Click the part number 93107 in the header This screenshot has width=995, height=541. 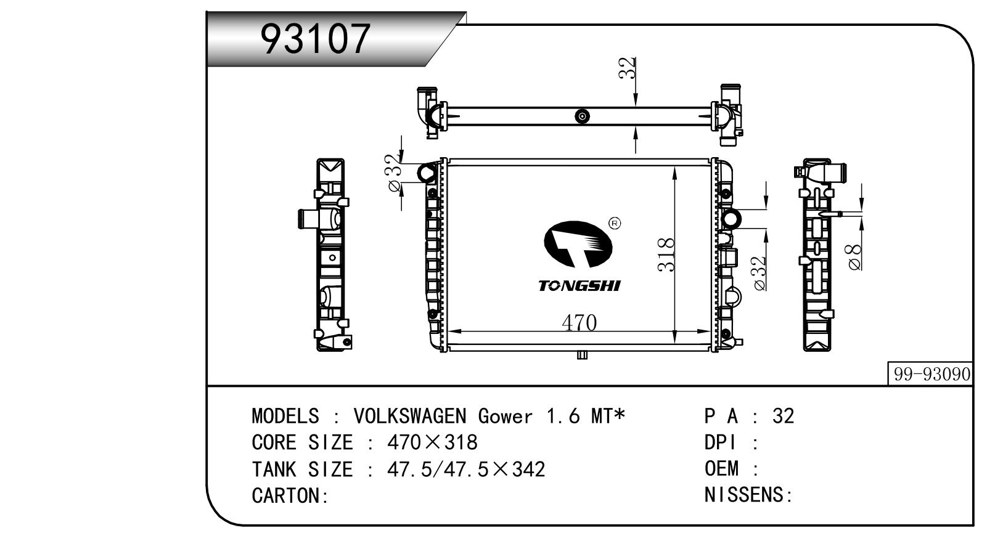coord(315,39)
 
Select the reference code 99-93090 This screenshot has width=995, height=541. coord(932,374)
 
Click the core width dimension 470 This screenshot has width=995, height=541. coord(579,323)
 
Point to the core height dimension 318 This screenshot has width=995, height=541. coord(666,254)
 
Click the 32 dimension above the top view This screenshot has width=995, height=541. coord(627,68)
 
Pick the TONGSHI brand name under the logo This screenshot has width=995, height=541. coord(579,286)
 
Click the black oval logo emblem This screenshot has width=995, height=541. coord(578,245)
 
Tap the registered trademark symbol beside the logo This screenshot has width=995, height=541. coord(615,223)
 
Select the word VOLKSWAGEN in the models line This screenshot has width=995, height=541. coord(409,417)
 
